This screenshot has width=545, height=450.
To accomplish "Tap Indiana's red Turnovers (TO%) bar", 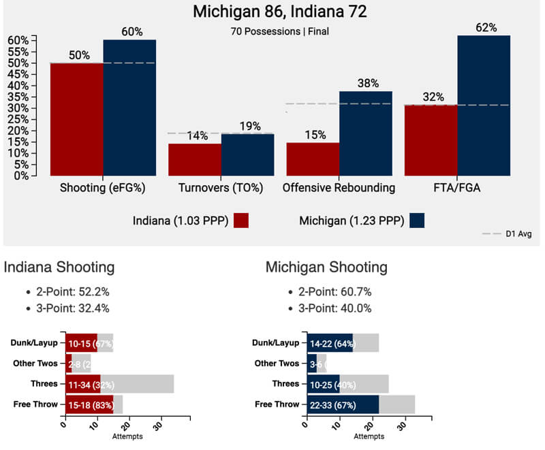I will coord(194,159).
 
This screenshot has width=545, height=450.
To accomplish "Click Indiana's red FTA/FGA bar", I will coord(431,140).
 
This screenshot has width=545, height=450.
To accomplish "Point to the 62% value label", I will coord(486,28).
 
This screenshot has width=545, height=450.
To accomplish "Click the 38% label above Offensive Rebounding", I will coord(369,84).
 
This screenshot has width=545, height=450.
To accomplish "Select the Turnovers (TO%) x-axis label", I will coord(219,188).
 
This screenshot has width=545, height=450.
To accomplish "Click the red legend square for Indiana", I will coord(240,221).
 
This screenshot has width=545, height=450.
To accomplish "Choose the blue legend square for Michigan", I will coord(413,221).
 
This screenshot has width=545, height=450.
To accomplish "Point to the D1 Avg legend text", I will coord(518,234).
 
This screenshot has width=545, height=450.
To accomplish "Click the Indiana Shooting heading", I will coord(59,268).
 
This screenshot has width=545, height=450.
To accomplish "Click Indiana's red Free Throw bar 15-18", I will coord(89,404).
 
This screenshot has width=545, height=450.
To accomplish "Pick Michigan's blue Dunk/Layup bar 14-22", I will coord(330,343).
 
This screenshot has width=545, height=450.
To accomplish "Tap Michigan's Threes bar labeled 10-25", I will coord(323,384).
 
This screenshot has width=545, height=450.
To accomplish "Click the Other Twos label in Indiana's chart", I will coord(37,364).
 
